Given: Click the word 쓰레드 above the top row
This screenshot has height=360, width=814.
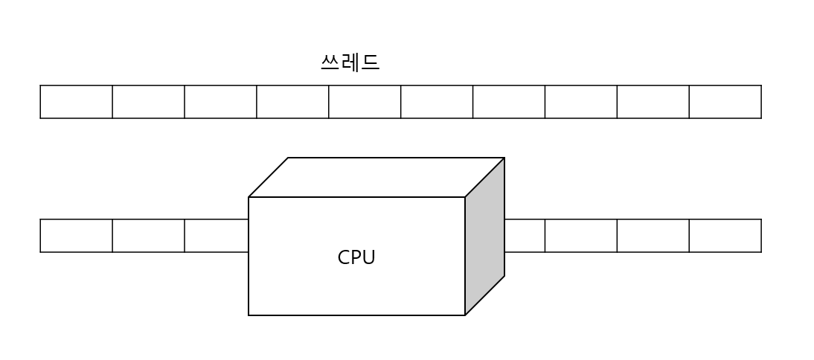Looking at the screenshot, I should [x=350, y=62].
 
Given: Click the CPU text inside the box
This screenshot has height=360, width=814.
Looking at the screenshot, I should [x=356, y=257].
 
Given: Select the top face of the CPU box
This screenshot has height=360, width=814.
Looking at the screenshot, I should [x=376, y=177].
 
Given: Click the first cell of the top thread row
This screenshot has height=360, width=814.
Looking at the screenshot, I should [x=76, y=102].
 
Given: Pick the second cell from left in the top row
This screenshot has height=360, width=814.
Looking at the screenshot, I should [x=148, y=102].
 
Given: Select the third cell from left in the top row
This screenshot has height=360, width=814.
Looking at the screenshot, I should [x=220, y=102].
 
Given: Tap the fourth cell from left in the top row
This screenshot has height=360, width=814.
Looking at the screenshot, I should [x=292, y=102].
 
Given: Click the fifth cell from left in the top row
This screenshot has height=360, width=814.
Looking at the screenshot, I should [x=365, y=102].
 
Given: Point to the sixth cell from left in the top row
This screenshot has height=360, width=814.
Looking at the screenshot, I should [x=437, y=102].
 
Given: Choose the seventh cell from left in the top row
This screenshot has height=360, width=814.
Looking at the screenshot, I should [x=509, y=102].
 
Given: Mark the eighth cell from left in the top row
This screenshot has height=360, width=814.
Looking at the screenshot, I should [x=581, y=102].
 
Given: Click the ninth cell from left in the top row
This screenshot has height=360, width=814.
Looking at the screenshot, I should [x=653, y=102].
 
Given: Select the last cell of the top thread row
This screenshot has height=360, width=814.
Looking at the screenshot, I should [x=725, y=102].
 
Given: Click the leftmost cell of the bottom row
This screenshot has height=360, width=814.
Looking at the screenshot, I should [x=76, y=236].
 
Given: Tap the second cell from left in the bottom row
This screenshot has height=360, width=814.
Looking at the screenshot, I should [x=148, y=236].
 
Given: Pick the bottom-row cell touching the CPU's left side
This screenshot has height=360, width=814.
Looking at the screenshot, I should [x=217, y=236].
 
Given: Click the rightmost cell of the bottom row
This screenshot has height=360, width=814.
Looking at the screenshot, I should [x=725, y=236].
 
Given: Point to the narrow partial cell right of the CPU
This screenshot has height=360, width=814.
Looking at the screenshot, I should [x=525, y=236].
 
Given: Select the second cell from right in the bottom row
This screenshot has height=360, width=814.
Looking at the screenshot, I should [x=653, y=236].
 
